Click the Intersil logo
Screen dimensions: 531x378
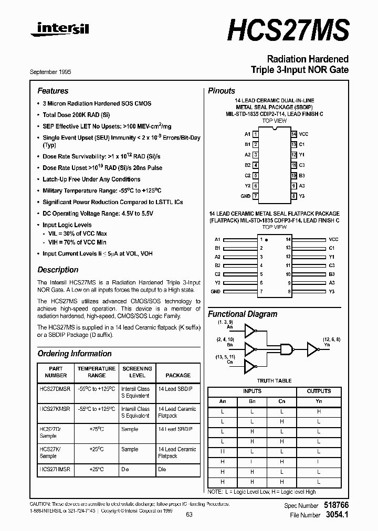pos(59,31)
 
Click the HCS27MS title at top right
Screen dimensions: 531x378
pos(288,30)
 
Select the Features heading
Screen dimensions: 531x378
pos(52,91)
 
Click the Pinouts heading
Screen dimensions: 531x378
pos(222,91)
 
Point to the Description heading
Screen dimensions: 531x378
pos(58,270)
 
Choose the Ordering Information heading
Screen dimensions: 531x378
pos(75,354)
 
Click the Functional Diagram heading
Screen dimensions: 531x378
pos(243,314)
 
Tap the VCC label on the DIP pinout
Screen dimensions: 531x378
pos(304,134)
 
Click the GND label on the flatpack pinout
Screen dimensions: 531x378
pos(215,291)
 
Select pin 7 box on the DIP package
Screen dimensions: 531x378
pos(255,196)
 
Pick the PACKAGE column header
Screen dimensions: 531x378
pos(178,375)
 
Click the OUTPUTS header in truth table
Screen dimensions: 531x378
pos(319,391)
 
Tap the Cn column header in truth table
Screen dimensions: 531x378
pos(282,401)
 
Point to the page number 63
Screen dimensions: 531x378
pos(189,515)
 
